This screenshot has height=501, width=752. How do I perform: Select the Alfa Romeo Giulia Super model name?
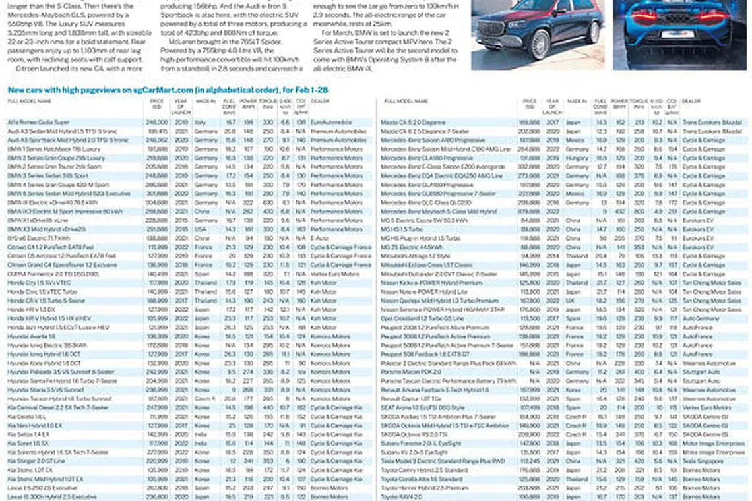tap(38, 122)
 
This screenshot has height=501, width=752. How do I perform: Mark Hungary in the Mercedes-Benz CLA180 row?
tap(577, 158)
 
